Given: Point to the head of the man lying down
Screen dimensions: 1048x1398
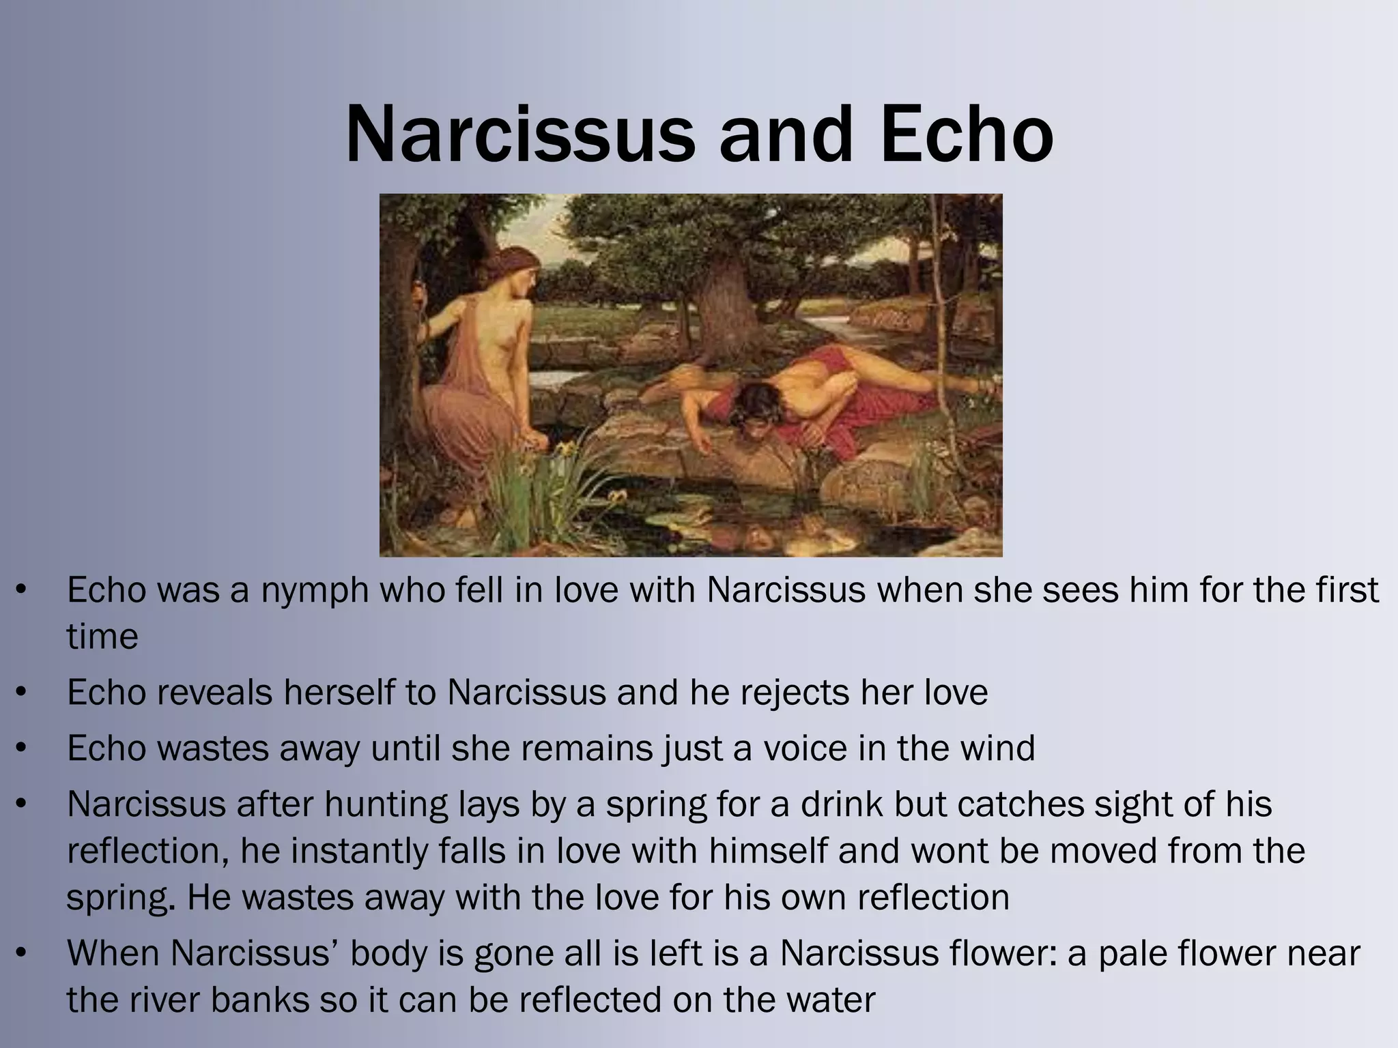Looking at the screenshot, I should pos(756,403).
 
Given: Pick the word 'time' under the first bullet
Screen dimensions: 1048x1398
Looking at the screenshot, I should pos(102,637).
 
